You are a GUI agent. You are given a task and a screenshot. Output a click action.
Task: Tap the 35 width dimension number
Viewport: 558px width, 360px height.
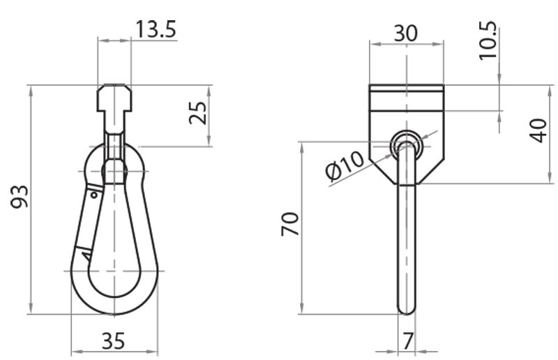[x=114, y=341]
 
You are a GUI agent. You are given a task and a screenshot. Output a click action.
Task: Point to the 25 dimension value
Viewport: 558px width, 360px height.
[x=198, y=112]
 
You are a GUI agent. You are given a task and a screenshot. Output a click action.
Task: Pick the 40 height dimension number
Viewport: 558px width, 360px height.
[x=538, y=130]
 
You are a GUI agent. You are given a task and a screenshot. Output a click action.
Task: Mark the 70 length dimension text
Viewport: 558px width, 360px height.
[x=290, y=225]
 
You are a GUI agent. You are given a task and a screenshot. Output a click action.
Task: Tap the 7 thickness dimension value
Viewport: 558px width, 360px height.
[x=408, y=341]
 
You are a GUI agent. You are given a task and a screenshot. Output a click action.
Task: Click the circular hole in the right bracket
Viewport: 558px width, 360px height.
[x=406, y=145]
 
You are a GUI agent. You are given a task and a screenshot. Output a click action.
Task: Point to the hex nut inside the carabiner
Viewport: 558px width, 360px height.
[x=114, y=170]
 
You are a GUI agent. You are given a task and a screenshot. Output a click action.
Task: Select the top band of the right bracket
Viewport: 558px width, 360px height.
[x=406, y=89]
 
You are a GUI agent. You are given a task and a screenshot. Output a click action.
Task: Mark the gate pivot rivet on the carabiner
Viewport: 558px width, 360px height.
[x=93, y=194]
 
